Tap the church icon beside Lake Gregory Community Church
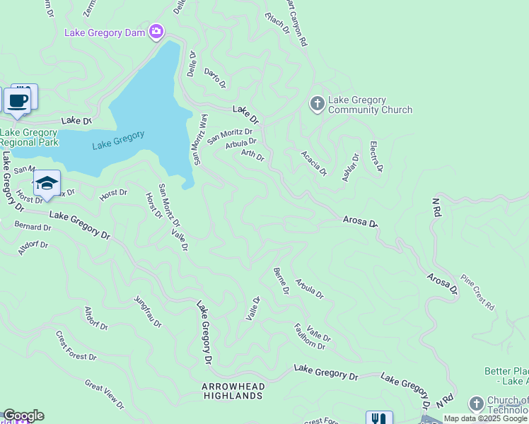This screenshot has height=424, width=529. click(x=317, y=104)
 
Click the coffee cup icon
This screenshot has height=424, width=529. click(x=18, y=100)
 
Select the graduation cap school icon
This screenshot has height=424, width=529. click(x=47, y=183)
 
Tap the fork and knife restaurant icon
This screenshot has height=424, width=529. click(x=379, y=419)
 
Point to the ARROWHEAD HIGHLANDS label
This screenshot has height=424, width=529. click(x=233, y=391)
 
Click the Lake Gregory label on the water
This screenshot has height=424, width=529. click(x=118, y=138)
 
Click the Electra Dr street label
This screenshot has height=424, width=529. click(x=376, y=157)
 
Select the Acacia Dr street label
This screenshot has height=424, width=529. click(x=314, y=163)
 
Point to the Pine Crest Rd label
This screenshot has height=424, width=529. click(x=477, y=291)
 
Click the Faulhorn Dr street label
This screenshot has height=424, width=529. click(x=310, y=336)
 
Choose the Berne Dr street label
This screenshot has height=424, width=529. click(x=281, y=281)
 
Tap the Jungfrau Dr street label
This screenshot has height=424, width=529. click(x=148, y=312)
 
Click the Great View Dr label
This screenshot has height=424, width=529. click(x=105, y=395)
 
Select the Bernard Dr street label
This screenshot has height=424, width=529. click(x=33, y=227)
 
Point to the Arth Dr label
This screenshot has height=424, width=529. click(x=252, y=154)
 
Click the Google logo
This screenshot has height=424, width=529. click(x=23, y=416)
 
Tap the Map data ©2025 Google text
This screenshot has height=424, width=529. click(x=485, y=418)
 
